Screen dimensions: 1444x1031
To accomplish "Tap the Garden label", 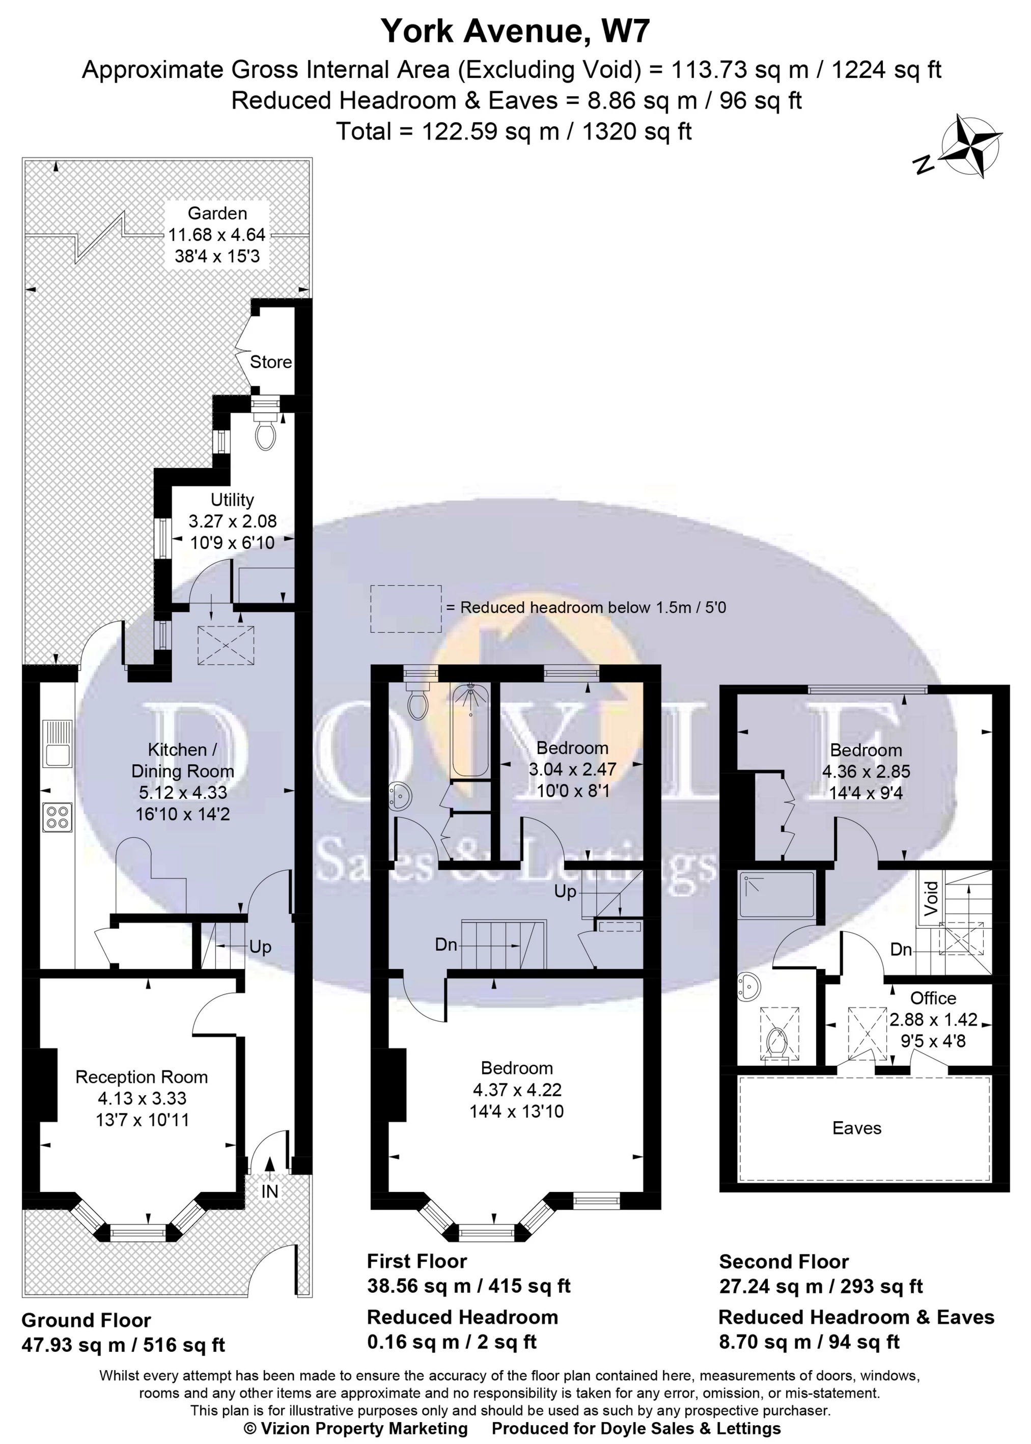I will pyautogui.click(x=217, y=213).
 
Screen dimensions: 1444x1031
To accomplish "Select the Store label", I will pyautogui.click(x=270, y=362).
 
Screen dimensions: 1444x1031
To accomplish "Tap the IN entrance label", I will pyautogui.click(x=270, y=1191).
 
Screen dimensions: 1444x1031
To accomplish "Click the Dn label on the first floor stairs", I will pyautogui.click(x=447, y=945).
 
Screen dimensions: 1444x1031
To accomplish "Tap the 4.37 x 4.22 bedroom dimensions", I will pyautogui.click(x=517, y=1089).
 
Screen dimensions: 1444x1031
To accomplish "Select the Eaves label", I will pyautogui.click(x=856, y=1128).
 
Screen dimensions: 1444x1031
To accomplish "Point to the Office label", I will pyautogui.click(x=933, y=998).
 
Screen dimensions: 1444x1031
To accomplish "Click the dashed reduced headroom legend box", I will pyautogui.click(x=406, y=608).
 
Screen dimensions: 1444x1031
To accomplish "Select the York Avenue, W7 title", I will pyautogui.click(x=515, y=31).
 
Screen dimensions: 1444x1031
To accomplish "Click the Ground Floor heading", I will pyautogui.click(x=87, y=1321).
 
